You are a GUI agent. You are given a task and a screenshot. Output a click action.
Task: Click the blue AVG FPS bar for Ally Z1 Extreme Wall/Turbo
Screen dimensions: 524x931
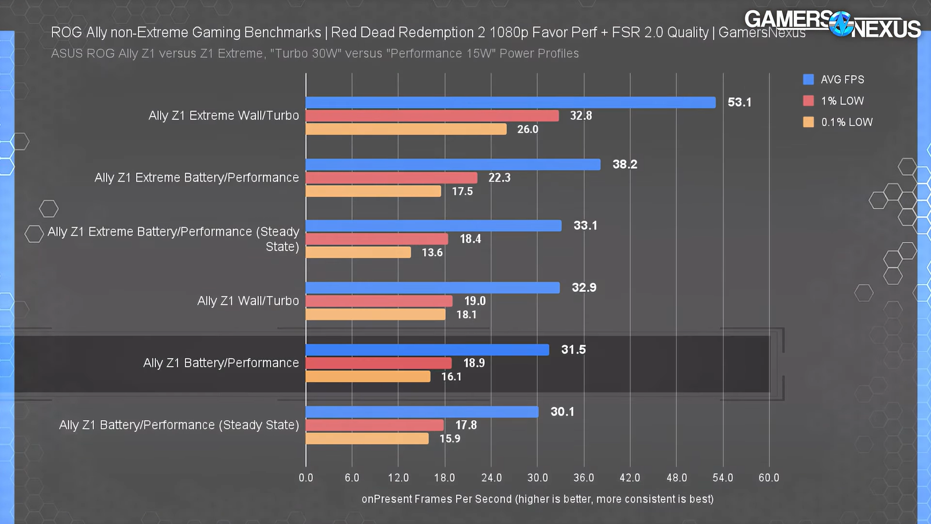pos(510,102)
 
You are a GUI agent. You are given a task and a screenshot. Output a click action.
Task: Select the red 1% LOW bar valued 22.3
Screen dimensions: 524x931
pos(391,178)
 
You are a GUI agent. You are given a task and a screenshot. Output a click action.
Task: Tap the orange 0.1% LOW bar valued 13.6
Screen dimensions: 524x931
pos(358,253)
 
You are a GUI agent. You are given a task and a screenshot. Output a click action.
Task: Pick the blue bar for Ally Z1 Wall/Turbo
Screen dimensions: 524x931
pos(432,288)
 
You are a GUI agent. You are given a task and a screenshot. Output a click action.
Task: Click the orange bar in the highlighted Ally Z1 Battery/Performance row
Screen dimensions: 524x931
pos(368,377)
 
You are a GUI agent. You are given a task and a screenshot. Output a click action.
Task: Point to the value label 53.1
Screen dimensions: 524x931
pos(739,102)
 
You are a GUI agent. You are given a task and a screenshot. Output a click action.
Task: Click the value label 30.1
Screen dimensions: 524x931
pos(562,412)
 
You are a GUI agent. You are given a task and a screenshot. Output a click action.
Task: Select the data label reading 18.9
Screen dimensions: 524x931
pos(474,363)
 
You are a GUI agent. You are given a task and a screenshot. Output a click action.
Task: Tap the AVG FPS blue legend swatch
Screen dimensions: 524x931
pos(808,80)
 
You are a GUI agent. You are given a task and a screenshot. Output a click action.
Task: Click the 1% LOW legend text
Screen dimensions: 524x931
pos(842,101)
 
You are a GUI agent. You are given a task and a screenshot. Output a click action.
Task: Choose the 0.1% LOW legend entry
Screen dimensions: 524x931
pos(846,122)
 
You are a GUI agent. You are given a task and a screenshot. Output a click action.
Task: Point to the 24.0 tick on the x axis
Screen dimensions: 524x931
pos(491,478)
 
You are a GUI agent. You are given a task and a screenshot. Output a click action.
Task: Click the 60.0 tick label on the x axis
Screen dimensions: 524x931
pos(769,478)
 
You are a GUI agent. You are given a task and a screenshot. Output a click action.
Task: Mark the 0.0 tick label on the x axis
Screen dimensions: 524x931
pos(306,478)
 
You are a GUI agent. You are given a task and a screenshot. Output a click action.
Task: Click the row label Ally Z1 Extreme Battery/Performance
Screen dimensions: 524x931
pos(197,178)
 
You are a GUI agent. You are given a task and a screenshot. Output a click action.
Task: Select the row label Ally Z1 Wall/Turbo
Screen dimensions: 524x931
pos(248,301)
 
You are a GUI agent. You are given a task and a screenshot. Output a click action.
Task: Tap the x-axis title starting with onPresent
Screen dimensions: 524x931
pos(537,499)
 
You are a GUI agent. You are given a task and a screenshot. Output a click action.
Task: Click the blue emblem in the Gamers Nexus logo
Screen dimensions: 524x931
pos(841,24)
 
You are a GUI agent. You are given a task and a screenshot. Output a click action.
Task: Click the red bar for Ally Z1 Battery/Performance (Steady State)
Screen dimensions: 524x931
pos(375,426)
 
